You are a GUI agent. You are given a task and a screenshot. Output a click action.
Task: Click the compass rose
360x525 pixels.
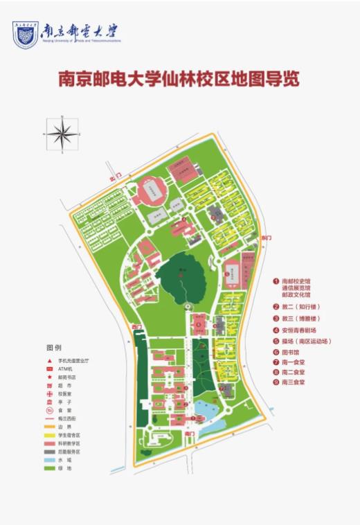62,134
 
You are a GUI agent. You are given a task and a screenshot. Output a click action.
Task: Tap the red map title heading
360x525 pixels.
178,79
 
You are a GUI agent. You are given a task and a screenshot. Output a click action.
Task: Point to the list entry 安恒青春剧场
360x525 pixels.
302,330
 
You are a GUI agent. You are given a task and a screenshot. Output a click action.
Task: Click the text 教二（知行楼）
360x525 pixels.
300,306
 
